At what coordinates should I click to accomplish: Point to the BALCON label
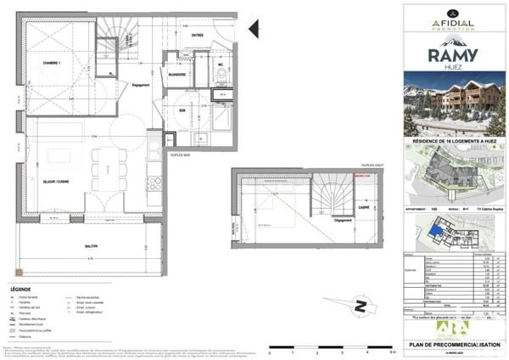[x=90, y=247]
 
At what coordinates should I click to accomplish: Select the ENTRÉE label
[x=197, y=35]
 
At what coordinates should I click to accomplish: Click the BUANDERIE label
[x=176, y=74]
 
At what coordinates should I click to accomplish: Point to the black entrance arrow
[x=253, y=31]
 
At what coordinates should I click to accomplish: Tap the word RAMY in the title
[x=456, y=57]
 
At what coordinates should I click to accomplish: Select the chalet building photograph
[x=454, y=109]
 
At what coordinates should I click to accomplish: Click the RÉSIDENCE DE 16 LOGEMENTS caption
[x=454, y=141]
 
